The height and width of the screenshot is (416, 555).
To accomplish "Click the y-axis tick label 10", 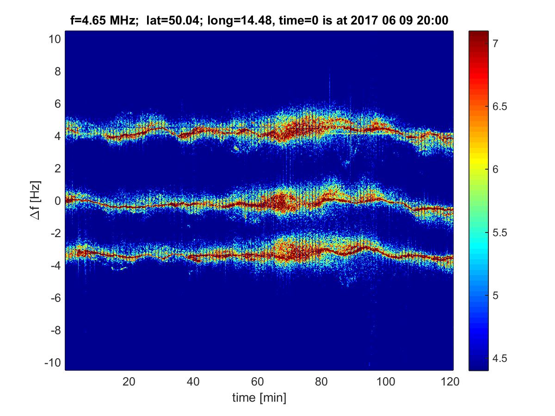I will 54,39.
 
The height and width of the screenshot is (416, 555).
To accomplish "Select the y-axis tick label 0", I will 57,201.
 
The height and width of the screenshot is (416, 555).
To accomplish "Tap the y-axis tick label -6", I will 55,298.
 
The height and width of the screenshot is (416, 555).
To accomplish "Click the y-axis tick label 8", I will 57,72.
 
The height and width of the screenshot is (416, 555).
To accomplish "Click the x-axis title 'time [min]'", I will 259,397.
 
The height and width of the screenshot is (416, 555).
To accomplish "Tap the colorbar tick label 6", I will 495,170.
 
